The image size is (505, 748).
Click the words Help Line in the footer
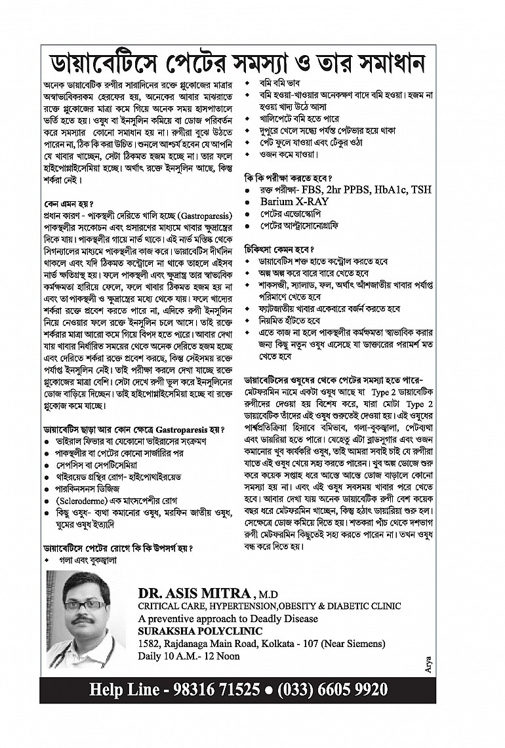(x=124, y=690)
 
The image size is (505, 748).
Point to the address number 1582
(x=150, y=644)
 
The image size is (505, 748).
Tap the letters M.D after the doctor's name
(x=267, y=594)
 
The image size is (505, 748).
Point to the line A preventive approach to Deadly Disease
(x=228, y=618)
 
